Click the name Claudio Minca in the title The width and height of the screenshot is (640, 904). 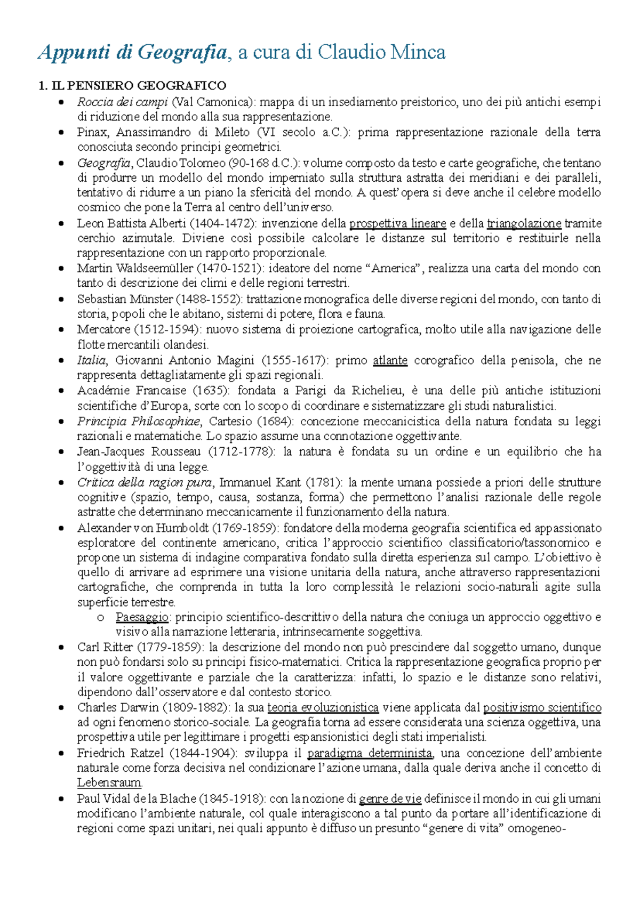coord(381,53)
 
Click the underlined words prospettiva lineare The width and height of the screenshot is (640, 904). coord(398,223)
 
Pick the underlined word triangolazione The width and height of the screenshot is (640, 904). coord(524,223)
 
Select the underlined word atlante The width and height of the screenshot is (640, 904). coord(390,360)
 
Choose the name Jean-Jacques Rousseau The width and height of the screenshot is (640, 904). coord(139,452)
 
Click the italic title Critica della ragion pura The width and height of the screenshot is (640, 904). coord(145,482)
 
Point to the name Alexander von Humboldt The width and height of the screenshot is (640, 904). coord(142,528)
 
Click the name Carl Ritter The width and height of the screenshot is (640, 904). coord(105,648)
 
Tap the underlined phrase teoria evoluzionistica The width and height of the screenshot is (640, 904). coord(323,708)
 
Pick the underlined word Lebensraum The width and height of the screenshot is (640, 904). coord(109,783)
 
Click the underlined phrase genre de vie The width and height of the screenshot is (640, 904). coord(390,799)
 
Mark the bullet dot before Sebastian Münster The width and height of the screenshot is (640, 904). coord(62,300)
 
